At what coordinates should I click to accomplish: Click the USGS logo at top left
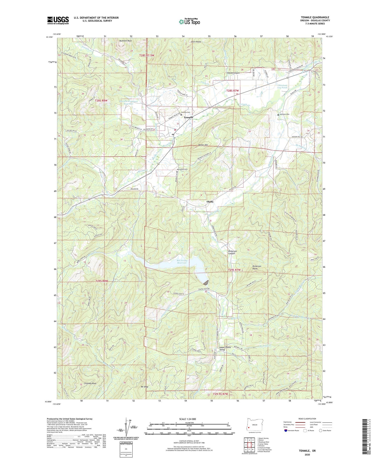coord(58,20)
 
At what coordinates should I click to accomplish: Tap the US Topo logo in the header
coord(189,22)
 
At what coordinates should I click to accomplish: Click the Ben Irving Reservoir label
coord(182,261)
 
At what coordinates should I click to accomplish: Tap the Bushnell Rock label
coord(125,41)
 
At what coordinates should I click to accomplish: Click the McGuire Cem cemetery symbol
coord(278,115)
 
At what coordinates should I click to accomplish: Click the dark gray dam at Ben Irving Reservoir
coord(206,282)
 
